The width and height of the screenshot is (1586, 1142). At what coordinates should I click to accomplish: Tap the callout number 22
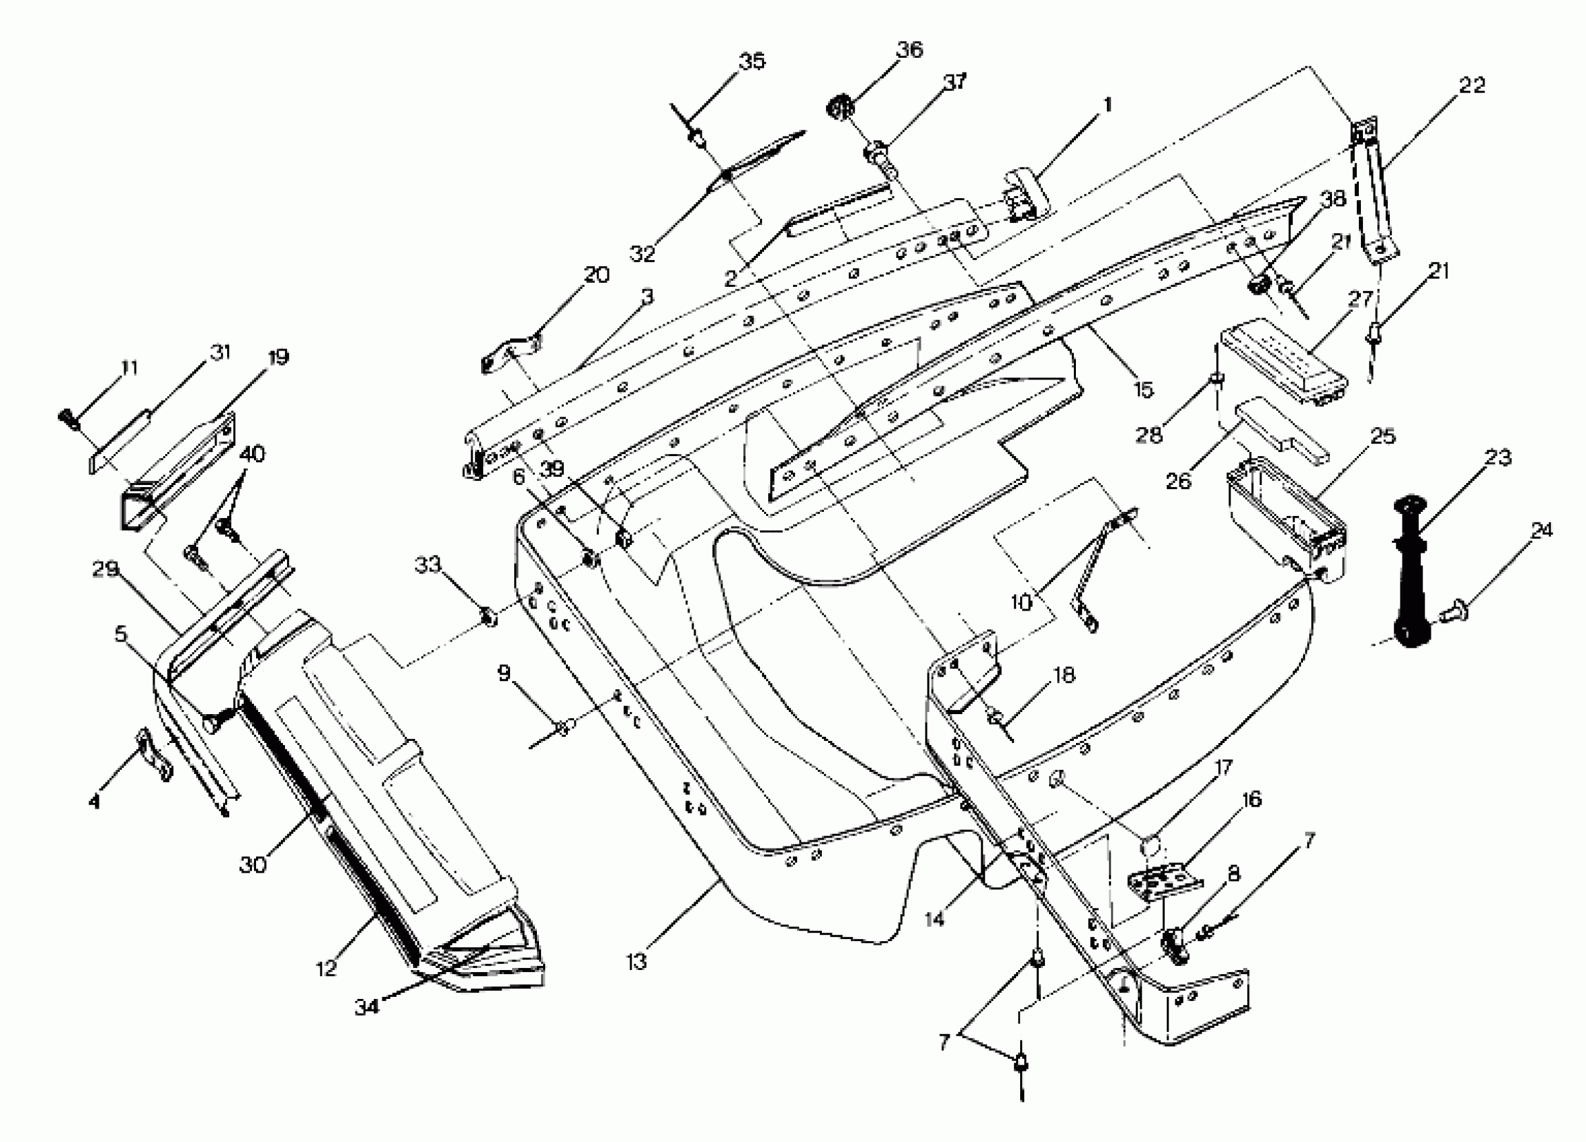pos(1471,85)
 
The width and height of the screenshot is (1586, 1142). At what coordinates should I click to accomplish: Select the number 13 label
pos(636,962)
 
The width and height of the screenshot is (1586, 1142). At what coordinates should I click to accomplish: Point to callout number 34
pos(366,1006)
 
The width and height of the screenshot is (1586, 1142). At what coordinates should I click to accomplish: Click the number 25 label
pos(1382,437)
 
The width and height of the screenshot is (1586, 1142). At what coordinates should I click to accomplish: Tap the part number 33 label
pos(428,564)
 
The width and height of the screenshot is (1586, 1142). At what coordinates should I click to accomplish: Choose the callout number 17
pos(1223,768)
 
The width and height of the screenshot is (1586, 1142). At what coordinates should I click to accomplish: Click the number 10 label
pos(1021,603)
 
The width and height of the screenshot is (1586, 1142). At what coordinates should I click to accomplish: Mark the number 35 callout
pos(752,62)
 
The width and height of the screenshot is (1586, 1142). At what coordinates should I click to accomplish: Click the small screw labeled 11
pos(69,419)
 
